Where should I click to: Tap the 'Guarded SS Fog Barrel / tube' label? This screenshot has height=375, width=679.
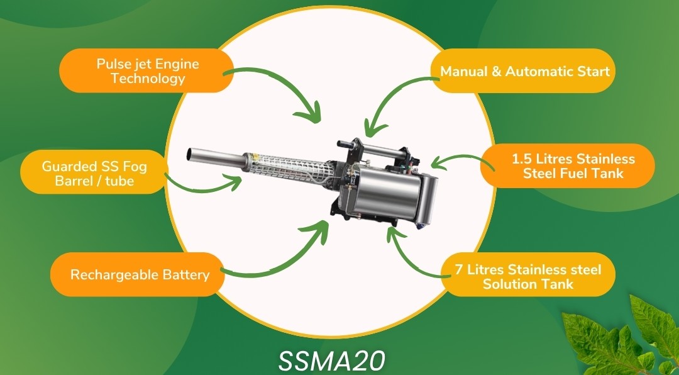[x=94, y=172]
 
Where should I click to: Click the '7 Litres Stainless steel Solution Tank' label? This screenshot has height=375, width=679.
[x=528, y=276]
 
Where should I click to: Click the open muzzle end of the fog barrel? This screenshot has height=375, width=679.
[x=189, y=154]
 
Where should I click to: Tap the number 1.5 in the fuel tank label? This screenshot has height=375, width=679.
[x=520, y=159]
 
